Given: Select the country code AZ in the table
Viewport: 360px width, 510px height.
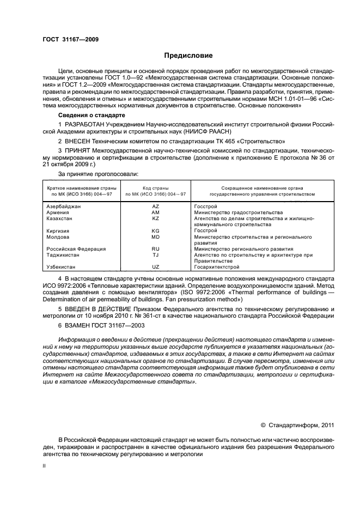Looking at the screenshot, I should click(x=155, y=207).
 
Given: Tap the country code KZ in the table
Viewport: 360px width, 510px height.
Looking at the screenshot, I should click(x=155, y=218).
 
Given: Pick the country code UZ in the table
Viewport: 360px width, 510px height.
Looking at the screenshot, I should click(x=155, y=267).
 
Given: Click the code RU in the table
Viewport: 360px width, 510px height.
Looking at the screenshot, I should click(x=155, y=249).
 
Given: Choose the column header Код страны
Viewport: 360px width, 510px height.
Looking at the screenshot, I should click(x=155, y=187).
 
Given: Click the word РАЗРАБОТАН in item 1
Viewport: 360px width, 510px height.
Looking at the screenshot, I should click(x=84, y=125).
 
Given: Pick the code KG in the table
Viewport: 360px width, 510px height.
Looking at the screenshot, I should click(x=155, y=230).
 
